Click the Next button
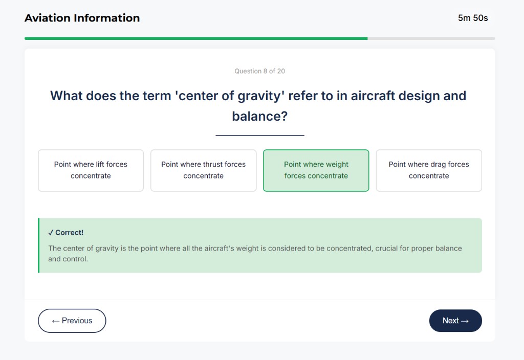click(455, 321)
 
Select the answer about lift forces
click(91, 170)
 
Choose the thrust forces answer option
click(203, 170)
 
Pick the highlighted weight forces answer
click(316, 170)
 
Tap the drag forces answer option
click(428, 170)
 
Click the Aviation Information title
click(82, 18)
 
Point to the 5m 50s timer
click(473, 18)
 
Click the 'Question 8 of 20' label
click(259, 71)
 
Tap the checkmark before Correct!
click(51, 233)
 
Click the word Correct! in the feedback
click(69, 233)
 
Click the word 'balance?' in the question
click(259, 116)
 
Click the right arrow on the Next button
click(465, 321)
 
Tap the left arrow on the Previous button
click(55, 321)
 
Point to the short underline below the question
click(259, 136)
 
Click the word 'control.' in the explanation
click(75, 259)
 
